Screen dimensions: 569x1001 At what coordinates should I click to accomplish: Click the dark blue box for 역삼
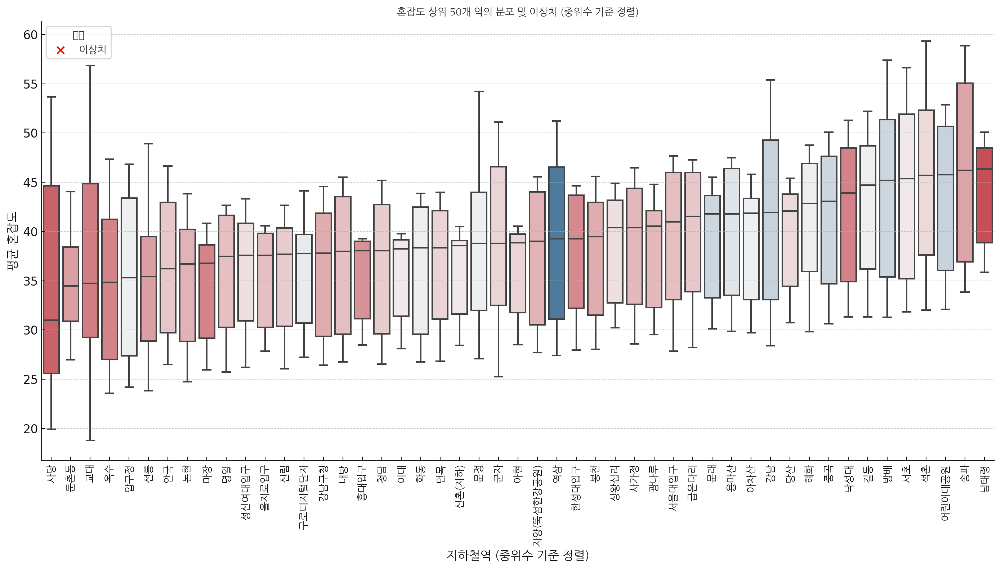click(x=557, y=242)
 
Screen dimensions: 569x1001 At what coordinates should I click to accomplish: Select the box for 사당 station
click(x=51, y=279)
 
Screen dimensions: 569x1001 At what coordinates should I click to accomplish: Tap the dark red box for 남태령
click(x=984, y=196)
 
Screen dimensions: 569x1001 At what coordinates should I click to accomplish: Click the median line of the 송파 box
click(x=965, y=170)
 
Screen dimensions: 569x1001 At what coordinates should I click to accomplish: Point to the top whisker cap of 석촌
click(x=926, y=41)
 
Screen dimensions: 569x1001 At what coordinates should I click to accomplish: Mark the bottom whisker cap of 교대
click(x=90, y=440)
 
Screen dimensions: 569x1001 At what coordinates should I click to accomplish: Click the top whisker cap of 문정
click(x=479, y=91)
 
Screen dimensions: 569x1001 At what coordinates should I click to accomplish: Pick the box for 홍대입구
click(x=362, y=279)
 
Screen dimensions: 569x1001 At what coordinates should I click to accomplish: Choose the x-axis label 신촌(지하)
click(x=460, y=487)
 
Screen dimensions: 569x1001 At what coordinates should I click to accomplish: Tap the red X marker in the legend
click(x=61, y=50)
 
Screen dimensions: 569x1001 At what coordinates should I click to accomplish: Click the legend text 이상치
click(x=93, y=50)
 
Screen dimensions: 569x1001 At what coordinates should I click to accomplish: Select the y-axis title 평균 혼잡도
click(x=12, y=241)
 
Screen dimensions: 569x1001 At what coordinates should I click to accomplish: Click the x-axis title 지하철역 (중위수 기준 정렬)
click(x=518, y=555)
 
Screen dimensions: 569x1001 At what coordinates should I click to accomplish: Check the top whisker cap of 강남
click(x=770, y=80)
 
